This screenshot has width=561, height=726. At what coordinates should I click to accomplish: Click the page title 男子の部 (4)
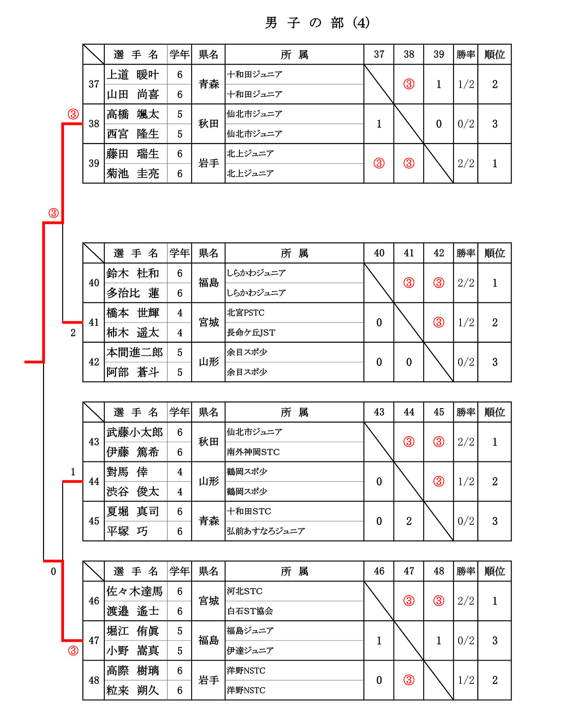tap(317, 22)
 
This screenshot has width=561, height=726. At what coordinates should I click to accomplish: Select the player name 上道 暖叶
tap(133, 75)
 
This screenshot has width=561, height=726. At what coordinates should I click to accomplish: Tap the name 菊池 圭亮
tap(133, 173)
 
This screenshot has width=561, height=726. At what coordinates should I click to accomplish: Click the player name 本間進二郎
tap(135, 352)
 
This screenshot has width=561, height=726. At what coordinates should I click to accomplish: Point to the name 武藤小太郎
tap(135, 432)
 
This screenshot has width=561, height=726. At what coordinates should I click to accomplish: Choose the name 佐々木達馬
tap(135, 591)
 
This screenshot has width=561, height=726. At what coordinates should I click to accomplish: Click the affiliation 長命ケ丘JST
tap(251, 332)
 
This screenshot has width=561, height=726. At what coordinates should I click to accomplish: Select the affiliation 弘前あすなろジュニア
tap(266, 531)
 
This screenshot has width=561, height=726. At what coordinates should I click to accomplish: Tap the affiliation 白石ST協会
tap(250, 611)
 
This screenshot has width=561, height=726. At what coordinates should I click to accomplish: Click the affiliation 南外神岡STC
tap(253, 452)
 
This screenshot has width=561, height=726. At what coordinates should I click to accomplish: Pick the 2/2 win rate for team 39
tap(466, 164)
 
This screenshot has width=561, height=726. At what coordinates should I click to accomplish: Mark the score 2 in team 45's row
tap(409, 521)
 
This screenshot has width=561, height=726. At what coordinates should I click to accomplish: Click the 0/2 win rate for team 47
tap(466, 640)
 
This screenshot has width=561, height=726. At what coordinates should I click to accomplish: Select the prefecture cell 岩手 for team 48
tap(209, 680)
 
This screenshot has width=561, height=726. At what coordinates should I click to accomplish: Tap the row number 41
tap(94, 323)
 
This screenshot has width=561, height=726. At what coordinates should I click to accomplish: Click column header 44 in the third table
tap(409, 412)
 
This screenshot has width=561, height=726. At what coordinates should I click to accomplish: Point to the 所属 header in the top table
tap(294, 55)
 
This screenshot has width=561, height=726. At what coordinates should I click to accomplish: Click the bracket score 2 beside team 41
tap(73, 333)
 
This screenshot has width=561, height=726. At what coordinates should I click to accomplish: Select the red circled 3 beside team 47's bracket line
tap(73, 651)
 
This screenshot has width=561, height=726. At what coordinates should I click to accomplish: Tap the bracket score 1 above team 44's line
tap(73, 472)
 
